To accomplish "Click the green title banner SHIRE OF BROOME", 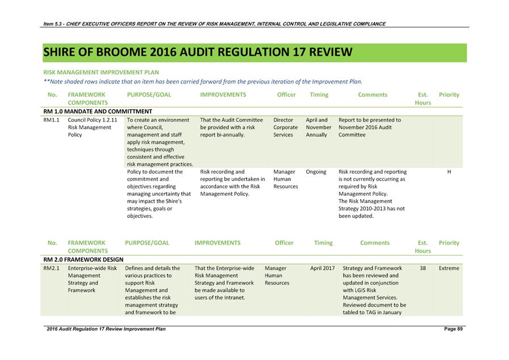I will click(x=197, y=52).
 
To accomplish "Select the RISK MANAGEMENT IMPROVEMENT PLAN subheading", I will click(x=101, y=73).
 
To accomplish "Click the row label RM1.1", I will click(x=52, y=120).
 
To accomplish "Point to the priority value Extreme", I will click(x=449, y=268).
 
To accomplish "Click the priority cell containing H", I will click(x=449, y=171).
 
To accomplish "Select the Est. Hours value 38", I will click(x=423, y=268).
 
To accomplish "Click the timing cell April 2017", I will click(x=322, y=268).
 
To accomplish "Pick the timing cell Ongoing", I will click(x=316, y=171).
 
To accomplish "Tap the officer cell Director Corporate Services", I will click(x=285, y=127).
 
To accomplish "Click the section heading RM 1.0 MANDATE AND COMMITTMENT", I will click(x=98, y=111).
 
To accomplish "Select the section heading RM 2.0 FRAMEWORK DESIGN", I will click(x=83, y=259).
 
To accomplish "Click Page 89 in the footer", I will click(x=453, y=329).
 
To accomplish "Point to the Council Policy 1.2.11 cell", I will click(x=92, y=127).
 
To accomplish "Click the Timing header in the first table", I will click(x=319, y=95).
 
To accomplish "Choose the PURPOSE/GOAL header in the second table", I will click(x=147, y=243).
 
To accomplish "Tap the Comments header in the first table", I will click(x=373, y=95).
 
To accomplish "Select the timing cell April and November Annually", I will click(x=319, y=127).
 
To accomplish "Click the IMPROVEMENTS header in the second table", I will click(x=218, y=243).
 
